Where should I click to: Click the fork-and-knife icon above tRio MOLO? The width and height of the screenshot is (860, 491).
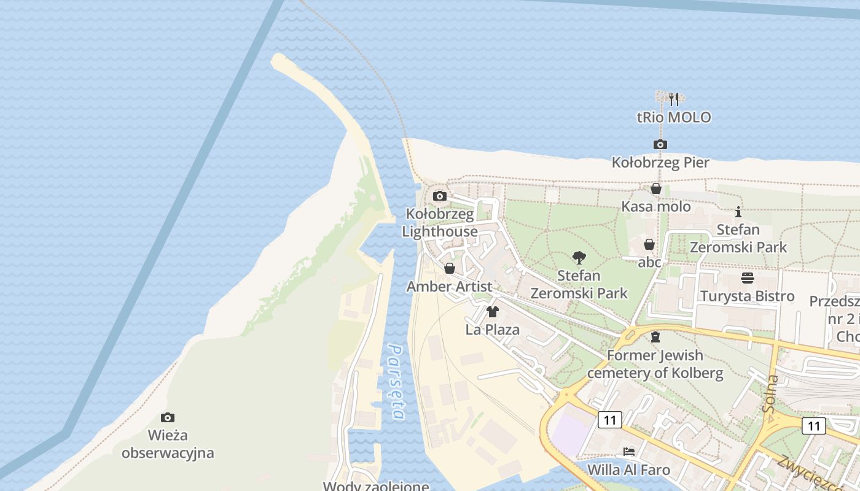(674, 99)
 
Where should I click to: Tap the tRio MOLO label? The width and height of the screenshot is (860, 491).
(674, 117)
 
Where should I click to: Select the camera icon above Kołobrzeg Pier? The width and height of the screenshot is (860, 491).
(660, 145)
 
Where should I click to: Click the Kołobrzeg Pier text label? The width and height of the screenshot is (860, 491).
(660, 163)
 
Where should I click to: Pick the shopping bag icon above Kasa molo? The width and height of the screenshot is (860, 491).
(656, 188)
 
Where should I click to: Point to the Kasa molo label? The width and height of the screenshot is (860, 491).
(656, 206)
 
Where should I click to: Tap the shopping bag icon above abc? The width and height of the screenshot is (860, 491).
(649, 244)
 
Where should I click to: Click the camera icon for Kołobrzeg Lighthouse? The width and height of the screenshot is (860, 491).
(440, 196)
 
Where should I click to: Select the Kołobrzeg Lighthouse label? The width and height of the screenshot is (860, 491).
(440, 223)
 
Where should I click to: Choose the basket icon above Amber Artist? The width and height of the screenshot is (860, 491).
(450, 268)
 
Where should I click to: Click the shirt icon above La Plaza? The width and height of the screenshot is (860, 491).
(492, 312)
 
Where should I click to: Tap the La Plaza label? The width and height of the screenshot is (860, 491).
(492, 330)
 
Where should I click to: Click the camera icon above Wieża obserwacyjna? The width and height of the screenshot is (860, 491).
(168, 418)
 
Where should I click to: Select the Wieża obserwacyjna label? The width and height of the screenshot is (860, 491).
(168, 444)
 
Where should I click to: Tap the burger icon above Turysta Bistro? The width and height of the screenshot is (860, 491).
(748, 278)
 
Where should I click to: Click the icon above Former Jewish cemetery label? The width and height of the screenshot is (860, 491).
(655, 337)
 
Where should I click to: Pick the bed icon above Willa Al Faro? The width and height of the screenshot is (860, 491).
(629, 452)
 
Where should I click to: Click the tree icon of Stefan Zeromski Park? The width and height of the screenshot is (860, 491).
(579, 258)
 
